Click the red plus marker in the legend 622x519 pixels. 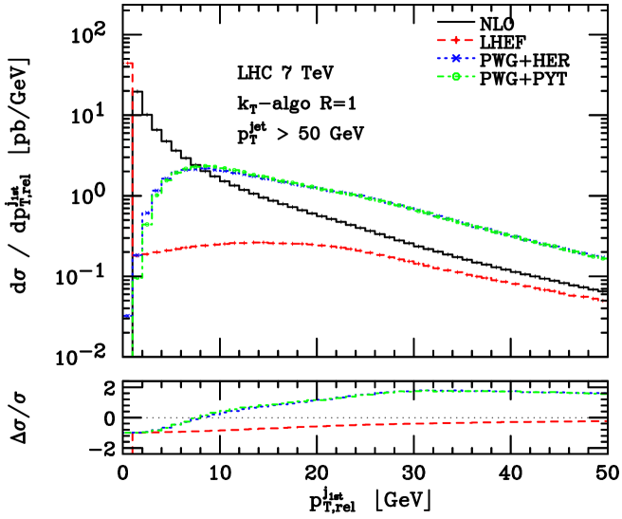(x=456, y=40)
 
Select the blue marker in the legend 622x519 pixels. (x=456, y=58)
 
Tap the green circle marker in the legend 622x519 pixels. (x=456, y=77)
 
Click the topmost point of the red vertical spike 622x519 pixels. (x=129, y=64)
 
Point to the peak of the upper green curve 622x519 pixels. (x=207, y=166)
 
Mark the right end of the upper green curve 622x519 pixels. (x=606, y=258)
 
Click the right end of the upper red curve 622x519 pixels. (x=606, y=301)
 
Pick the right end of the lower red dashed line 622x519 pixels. (x=606, y=420)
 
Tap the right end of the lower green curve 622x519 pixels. (x=606, y=393)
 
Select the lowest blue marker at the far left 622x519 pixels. (x=128, y=315)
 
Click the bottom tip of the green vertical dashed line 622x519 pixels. (x=132, y=355)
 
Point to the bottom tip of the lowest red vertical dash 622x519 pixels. (x=132, y=452)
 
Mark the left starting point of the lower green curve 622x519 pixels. (x=126, y=433)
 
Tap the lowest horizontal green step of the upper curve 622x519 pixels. (x=137, y=278)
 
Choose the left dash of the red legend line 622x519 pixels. (x=442, y=40)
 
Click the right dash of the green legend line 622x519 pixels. (x=470, y=77)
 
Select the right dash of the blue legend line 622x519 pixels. (x=470, y=58)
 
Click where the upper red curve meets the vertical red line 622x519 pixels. (x=132, y=255)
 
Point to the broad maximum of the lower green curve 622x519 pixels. (x=446, y=390)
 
